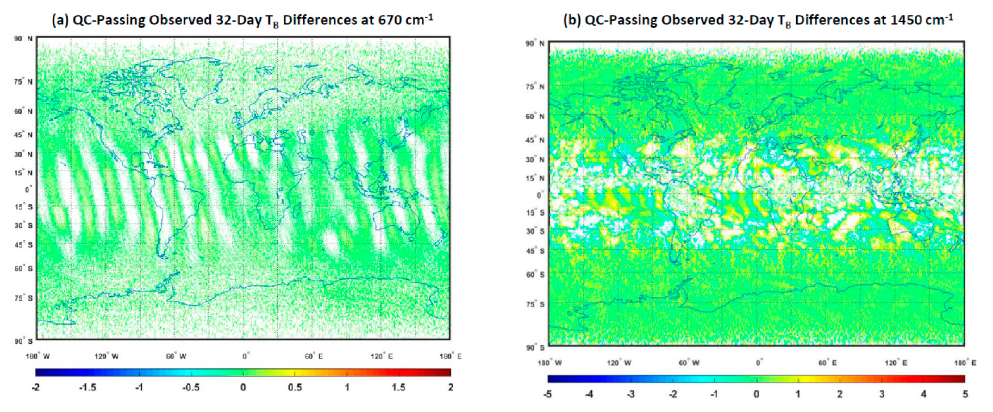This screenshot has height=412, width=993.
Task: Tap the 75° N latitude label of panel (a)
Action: click(x=23, y=82)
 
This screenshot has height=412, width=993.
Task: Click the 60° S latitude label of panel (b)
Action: click(x=535, y=275)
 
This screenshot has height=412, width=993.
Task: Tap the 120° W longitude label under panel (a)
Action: click(x=106, y=356)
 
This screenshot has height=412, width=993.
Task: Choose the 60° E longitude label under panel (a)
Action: click(x=313, y=356)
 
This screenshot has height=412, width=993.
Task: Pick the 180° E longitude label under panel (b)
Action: click(x=965, y=363)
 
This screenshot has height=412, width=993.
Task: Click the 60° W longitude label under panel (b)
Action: click(x=689, y=363)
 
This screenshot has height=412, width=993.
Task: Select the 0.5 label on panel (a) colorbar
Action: click(x=295, y=387)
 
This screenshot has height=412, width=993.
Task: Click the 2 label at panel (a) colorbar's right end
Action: click(x=450, y=387)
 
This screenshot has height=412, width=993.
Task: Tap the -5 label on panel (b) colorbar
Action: click(x=547, y=394)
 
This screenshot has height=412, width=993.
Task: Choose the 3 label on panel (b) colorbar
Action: click(x=882, y=394)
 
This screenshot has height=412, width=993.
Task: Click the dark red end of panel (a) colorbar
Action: click(x=447, y=372)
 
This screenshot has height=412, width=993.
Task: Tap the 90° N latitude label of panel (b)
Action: click(x=535, y=44)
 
